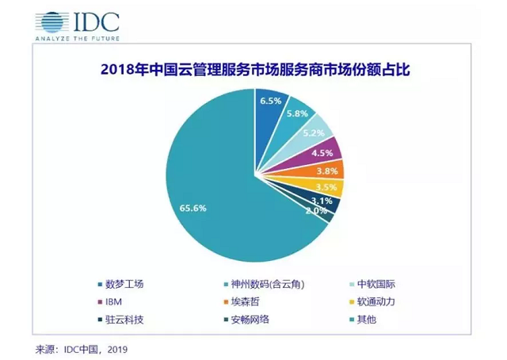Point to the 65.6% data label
[x=193, y=209]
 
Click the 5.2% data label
[x=314, y=133]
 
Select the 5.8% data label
[x=297, y=113]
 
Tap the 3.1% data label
[x=322, y=201]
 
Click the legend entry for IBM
[x=110, y=302]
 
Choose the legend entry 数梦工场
[x=120, y=284]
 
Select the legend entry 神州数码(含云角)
[x=264, y=284]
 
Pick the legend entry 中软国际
[x=372, y=284]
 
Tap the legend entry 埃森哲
[x=242, y=302]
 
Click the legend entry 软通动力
[x=372, y=302]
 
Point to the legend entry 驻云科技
[x=120, y=320]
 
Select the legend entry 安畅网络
[x=246, y=320]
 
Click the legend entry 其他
[x=363, y=320]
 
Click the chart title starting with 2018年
[x=255, y=69]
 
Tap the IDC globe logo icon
[x=52, y=22]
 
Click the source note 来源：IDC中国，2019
[x=82, y=350]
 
